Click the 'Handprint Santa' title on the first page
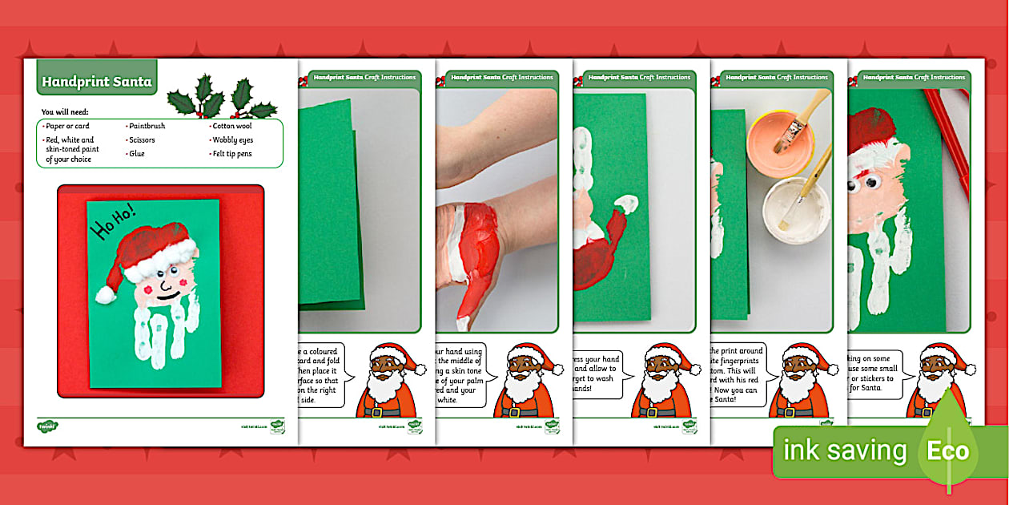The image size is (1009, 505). pos(96,82)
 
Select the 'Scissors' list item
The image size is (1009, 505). pos(143,140)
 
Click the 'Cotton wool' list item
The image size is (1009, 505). pos(233,126)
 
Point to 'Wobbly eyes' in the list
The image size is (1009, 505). pos(233,140)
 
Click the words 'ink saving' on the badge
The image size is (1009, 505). pos(844,450)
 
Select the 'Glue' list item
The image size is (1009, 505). pos(138,154)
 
